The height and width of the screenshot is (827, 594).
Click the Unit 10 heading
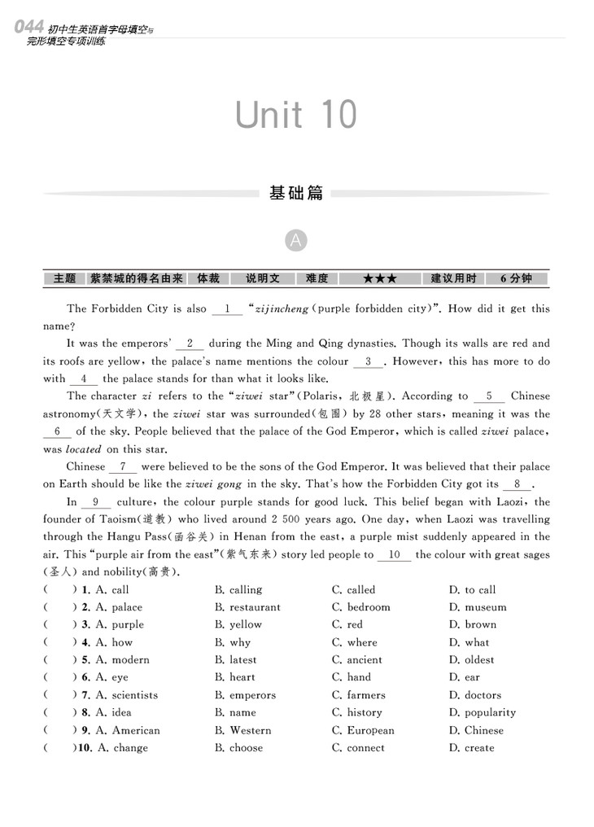tap(296, 115)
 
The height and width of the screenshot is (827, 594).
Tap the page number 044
tap(29, 27)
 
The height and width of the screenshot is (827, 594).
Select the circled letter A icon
tap(296, 241)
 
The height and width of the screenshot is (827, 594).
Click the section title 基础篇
tap(296, 194)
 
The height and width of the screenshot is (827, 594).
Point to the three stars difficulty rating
tap(380, 278)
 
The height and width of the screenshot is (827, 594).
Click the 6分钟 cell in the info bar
tap(516, 278)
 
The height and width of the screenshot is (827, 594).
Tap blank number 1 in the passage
tap(227, 309)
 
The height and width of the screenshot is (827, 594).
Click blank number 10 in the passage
tap(395, 555)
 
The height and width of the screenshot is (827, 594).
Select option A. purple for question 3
tap(119, 625)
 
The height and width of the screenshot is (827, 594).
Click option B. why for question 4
tap(233, 642)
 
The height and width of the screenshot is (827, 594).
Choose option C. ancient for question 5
tap(356, 660)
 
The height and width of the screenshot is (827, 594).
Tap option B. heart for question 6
tap(234, 677)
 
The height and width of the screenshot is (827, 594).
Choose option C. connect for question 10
tap(358, 748)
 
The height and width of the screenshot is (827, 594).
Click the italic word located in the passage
tap(83, 449)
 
